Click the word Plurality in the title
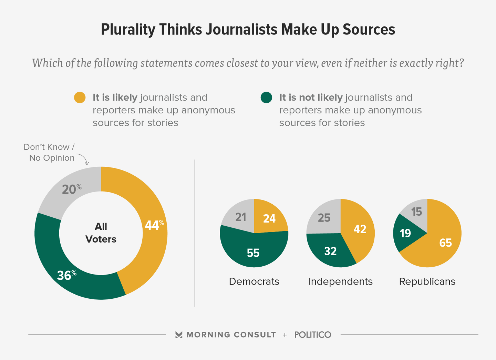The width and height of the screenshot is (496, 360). (127, 30)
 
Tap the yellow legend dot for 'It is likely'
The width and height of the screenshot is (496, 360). (80, 97)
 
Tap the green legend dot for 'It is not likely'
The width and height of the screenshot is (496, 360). (266, 97)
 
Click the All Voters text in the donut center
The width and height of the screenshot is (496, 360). (101, 233)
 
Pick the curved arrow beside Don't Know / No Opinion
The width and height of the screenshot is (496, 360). (84, 159)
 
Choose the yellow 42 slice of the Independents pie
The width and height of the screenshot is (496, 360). (360, 229)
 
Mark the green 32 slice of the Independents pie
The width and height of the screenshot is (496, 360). (330, 251)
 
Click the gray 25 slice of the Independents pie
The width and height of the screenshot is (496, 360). (324, 217)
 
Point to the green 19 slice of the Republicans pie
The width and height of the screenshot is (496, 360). (405, 233)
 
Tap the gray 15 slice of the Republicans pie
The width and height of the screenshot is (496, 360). (416, 211)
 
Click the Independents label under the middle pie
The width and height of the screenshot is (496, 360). (340, 281)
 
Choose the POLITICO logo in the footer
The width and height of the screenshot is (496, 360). (313, 335)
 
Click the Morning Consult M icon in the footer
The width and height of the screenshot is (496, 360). (179, 335)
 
